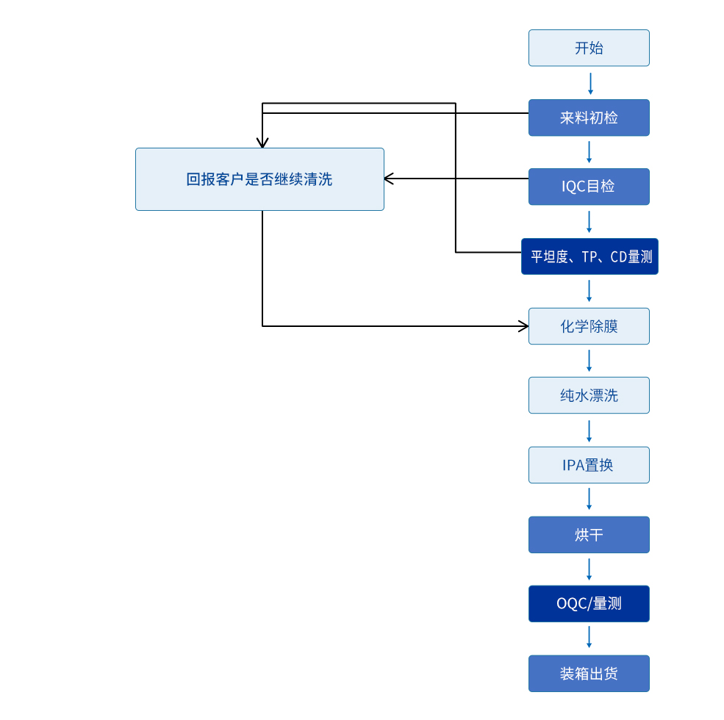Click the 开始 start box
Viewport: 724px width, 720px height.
coord(589,48)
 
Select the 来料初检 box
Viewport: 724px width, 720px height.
coord(589,118)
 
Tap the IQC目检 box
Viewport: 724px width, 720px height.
coord(589,187)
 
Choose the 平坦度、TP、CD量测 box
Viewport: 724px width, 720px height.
coord(589,256)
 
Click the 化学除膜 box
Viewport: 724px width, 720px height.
coord(589,326)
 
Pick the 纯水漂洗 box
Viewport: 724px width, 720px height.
coord(589,395)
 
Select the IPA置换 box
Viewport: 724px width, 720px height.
coord(589,465)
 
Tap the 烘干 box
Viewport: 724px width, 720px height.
coord(589,535)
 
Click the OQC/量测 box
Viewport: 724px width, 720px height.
coord(589,604)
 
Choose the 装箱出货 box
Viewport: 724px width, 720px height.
coord(589,674)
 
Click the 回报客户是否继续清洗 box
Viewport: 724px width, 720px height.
coord(259,179)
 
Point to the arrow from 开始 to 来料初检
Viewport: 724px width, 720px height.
coord(590,84)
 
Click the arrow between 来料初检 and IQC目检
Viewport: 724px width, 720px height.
coord(589,152)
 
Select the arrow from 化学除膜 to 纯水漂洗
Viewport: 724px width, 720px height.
coord(589,361)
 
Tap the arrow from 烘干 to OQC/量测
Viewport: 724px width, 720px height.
coord(589,569)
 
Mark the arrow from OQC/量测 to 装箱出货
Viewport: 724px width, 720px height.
coord(589,637)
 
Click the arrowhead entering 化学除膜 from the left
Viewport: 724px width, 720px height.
coord(524,326)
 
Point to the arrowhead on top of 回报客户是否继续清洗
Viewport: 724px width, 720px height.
coord(262,143)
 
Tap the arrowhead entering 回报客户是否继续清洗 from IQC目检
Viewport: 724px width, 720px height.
coord(389,179)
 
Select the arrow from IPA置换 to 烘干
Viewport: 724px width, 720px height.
coord(589,499)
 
